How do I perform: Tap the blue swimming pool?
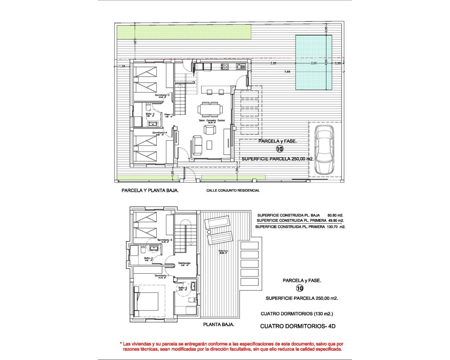(x=314, y=63)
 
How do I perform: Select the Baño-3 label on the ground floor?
(x=150, y=114)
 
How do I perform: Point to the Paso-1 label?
(x=168, y=114)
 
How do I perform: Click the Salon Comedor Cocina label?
(x=212, y=121)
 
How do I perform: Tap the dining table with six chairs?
(x=210, y=109)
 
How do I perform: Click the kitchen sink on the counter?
(x=241, y=66)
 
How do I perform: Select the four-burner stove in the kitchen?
(x=225, y=66)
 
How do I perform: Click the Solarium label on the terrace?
(x=223, y=251)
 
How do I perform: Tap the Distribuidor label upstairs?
(x=185, y=263)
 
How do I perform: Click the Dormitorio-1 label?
(x=162, y=276)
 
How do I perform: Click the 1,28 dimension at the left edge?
(x=122, y=66)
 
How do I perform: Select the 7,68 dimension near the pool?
(x=287, y=72)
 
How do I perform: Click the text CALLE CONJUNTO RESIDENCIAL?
(x=233, y=191)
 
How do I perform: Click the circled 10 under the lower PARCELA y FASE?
(x=300, y=289)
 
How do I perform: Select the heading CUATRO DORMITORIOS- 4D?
(x=297, y=326)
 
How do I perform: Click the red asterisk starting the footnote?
(x=121, y=344)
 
